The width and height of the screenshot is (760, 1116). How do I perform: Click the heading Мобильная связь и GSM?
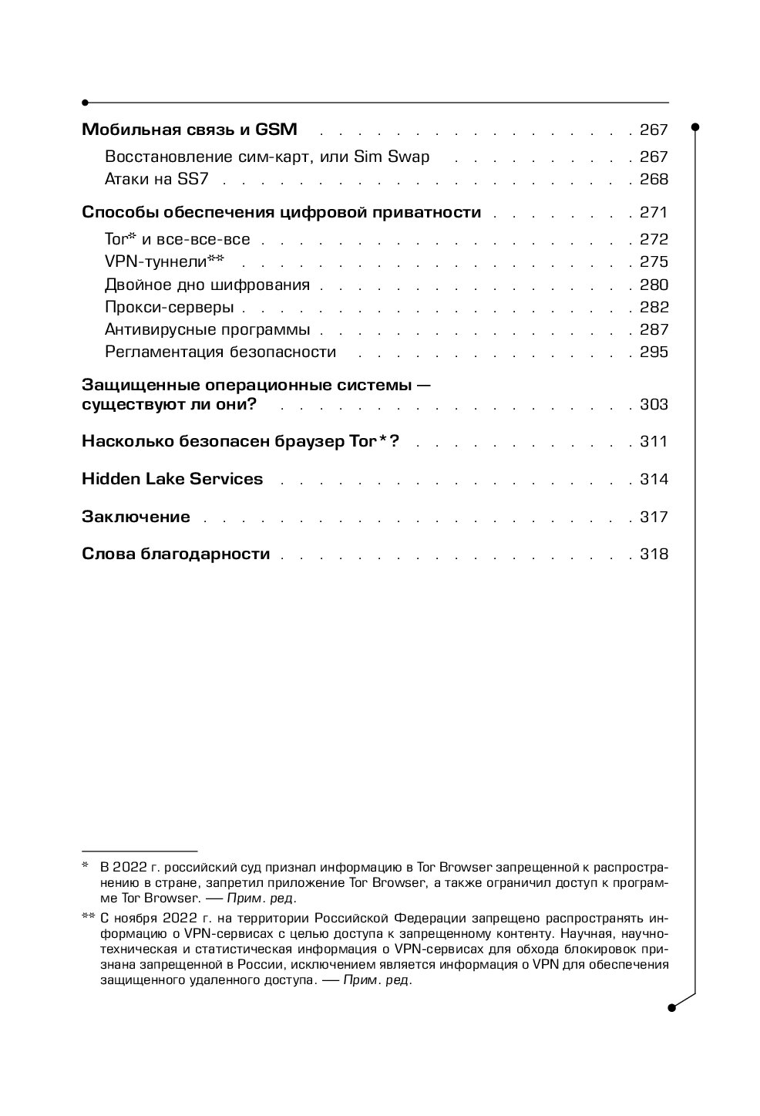(190, 130)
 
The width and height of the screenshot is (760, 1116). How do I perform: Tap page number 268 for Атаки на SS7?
(654, 180)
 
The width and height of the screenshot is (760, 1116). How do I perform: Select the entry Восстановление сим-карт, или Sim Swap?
(267, 157)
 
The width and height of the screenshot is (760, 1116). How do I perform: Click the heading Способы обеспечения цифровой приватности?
(281, 213)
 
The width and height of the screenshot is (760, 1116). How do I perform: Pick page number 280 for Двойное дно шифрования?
(654, 285)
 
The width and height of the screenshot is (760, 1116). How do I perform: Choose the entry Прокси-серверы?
(169, 307)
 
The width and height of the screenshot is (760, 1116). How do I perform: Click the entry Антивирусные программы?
(207, 330)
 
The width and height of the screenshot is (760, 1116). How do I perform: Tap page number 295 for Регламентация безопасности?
(654, 352)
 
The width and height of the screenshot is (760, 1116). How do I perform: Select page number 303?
(654, 405)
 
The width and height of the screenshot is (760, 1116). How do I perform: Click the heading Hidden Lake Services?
(172, 479)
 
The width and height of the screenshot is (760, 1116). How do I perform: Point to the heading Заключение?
(136, 517)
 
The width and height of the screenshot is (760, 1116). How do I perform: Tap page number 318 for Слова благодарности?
(654, 555)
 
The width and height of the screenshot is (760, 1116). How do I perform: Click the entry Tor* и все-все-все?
(177, 239)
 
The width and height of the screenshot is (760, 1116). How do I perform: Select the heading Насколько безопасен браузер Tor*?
(240, 442)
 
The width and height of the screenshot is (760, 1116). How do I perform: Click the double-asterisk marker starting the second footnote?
(87, 917)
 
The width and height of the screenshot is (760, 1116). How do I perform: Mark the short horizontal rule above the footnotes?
(140, 848)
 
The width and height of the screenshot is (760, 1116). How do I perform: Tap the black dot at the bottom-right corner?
(671, 1006)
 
